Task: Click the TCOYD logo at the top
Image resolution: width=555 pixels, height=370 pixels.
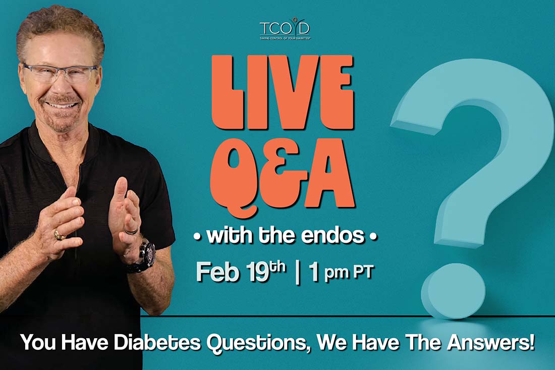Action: pos(285,29)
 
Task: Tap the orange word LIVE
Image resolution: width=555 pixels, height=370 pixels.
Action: pos(282,93)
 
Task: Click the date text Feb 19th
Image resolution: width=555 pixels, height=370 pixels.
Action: pos(241,272)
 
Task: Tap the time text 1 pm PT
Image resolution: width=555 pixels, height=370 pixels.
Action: pos(341,273)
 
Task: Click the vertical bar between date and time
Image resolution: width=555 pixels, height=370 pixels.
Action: pos(297,272)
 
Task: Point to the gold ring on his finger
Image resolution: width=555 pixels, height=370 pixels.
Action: pos(59,235)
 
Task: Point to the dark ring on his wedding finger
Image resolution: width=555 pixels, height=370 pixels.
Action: pos(131,231)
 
